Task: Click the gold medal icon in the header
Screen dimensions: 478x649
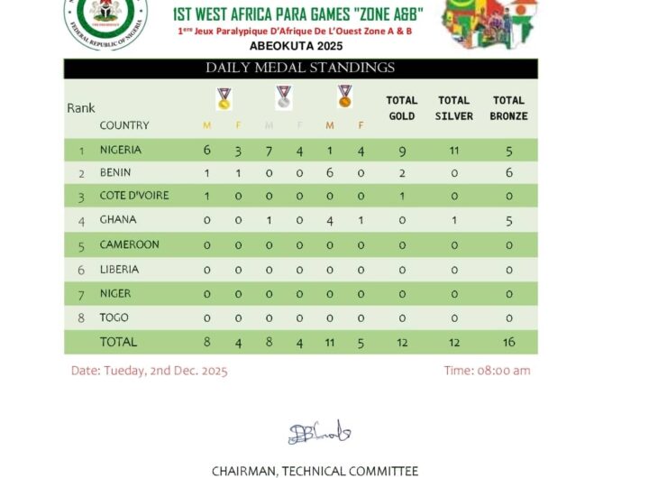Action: coord(224,97)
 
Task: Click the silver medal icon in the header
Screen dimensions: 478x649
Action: coord(284,97)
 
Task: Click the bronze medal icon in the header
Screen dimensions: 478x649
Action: coord(344,97)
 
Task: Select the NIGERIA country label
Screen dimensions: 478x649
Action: coord(121,150)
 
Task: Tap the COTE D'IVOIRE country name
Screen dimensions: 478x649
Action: coord(134,196)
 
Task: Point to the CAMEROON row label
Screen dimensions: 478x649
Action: coord(130,244)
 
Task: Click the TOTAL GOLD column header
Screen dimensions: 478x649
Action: coord(401,108)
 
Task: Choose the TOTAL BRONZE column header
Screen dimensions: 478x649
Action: coord(509,108)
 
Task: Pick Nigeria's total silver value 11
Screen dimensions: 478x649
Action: coord(454,151)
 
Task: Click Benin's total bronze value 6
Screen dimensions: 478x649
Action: coord(509,173)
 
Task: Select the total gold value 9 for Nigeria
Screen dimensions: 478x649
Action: coord(401,151)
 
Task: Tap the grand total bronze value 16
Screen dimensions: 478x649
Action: coord(509,343)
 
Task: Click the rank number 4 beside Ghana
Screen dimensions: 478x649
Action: coord(81,220)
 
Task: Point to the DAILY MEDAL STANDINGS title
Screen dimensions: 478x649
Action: coord(300,68)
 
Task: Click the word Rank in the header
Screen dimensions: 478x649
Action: coord(81,108)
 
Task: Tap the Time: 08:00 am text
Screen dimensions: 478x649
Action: coord(487,371)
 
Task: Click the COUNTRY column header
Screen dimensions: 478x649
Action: coord(124,125)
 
